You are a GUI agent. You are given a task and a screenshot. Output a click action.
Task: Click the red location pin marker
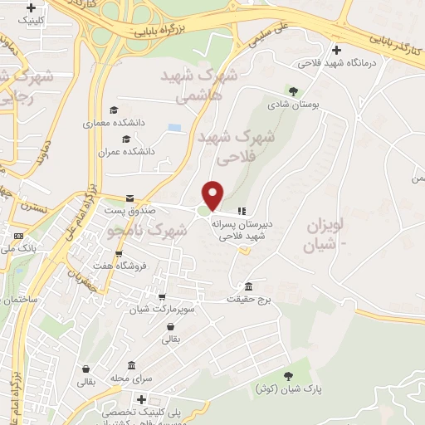click(x=214, y=195)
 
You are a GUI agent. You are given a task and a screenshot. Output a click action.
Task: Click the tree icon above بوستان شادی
click(x=292, y=90)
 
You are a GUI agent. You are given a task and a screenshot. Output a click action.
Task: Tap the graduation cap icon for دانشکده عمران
click(x=126, y=138)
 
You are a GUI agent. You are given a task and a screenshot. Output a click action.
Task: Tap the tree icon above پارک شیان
click(x=288, y=375)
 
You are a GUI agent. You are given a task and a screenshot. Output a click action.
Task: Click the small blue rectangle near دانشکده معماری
click(x=173, y=128)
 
